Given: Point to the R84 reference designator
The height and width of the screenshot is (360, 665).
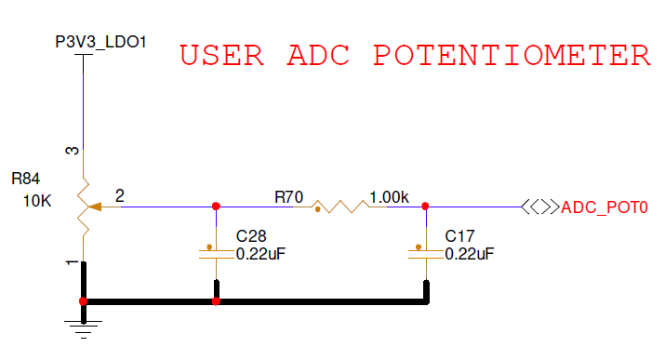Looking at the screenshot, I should (27, 177).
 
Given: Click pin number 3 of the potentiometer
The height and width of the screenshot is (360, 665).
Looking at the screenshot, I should (72, 150).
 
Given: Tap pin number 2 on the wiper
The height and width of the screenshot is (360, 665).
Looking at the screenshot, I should (120, 195).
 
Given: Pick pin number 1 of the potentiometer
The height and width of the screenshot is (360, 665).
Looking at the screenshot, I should (72, 264).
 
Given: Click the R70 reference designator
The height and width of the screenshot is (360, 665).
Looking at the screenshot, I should (288, 197).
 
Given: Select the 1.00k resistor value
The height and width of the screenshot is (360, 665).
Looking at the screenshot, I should (389, 197).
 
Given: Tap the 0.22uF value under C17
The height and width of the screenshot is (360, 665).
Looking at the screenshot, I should (470, 253).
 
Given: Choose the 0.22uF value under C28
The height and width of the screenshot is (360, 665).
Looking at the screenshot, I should (260, 253).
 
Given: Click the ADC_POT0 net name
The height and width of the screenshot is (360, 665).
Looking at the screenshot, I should (605, 207).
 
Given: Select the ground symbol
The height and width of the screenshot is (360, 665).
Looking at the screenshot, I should (84, 322).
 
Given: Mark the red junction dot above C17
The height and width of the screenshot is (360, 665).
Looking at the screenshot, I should (425, 207).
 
